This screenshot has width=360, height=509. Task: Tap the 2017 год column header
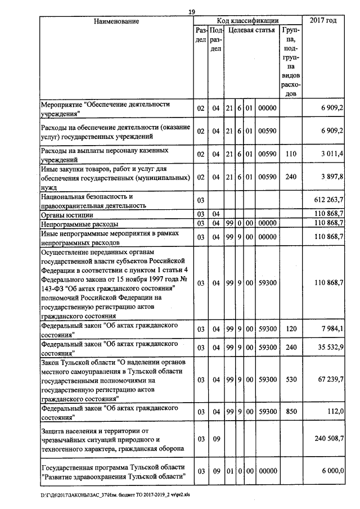click(323, 21)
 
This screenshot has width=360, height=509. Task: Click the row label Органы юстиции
click(67, 215)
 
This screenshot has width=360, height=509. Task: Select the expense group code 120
click(290, 329)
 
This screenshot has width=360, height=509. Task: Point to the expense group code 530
click(290, 380)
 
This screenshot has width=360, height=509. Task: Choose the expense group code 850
click(290, 411)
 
